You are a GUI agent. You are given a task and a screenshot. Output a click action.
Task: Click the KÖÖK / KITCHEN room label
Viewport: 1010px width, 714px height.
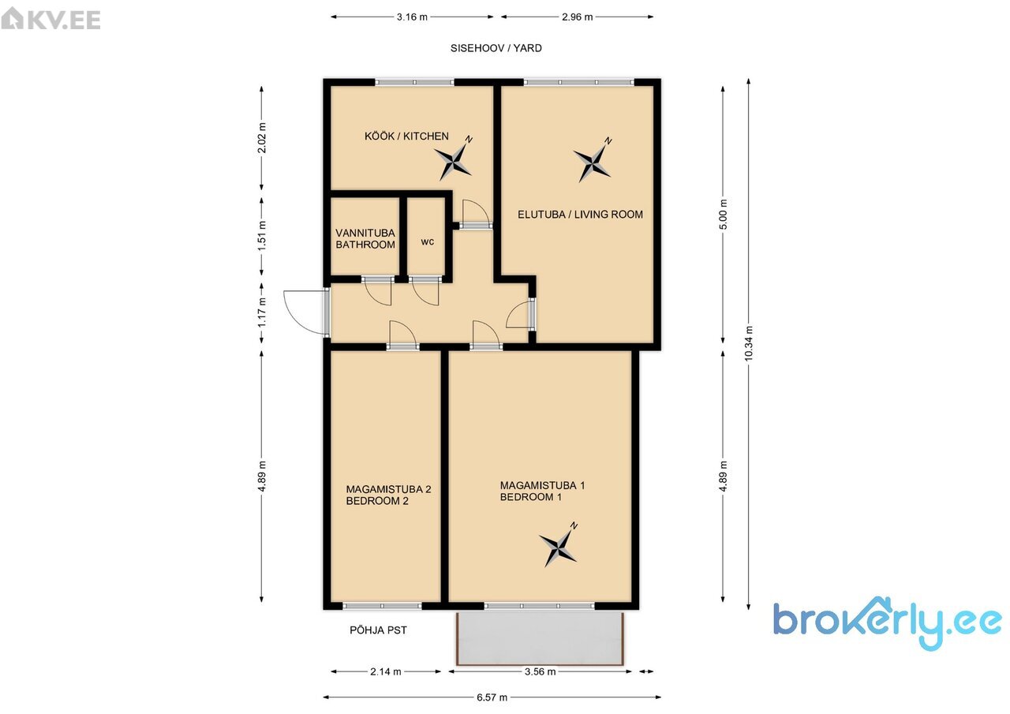(x=406, y=136)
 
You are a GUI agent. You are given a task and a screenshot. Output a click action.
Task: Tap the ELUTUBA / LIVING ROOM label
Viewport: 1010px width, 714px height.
(x=580, y=214)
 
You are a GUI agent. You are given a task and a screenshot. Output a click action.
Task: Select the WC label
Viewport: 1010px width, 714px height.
(x=428, y=242)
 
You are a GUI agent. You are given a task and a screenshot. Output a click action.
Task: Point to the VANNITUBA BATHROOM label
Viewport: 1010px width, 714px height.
(x=365, y=239)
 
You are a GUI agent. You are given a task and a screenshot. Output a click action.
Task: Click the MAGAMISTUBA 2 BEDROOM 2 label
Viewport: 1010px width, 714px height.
(x=388, y=495)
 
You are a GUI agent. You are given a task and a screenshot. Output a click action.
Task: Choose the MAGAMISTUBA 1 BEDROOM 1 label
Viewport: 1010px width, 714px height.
(x=542, y=492)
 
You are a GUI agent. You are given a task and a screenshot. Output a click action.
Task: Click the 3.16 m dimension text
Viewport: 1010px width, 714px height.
(x=412, y=17)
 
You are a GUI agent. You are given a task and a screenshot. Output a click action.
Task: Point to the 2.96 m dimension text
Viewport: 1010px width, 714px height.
(x=577, y=17)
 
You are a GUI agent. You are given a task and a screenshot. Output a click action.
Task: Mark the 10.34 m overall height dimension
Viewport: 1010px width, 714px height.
(x=749, y=343)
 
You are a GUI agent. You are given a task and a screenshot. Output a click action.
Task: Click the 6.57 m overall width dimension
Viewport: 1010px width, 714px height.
(x=492, y=697)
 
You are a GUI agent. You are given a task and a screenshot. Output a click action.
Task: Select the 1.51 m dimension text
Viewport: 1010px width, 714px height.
(x=262, y=236)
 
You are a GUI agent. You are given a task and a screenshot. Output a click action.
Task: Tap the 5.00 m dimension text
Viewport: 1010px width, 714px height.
(x=723, y=214)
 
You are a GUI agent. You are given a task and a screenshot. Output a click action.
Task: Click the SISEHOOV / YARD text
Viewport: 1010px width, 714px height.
(x=496, y=48)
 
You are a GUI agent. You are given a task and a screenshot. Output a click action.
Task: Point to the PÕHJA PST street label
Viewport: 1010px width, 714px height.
(x=378, y=630)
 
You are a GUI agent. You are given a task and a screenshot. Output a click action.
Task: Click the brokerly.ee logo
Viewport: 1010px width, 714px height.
(x=888, y=623)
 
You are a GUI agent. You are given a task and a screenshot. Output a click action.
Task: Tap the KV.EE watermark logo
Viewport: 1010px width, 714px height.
(x=51, y=20)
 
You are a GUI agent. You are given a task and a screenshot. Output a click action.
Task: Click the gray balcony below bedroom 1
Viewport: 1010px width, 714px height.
(x=540, y=637)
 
